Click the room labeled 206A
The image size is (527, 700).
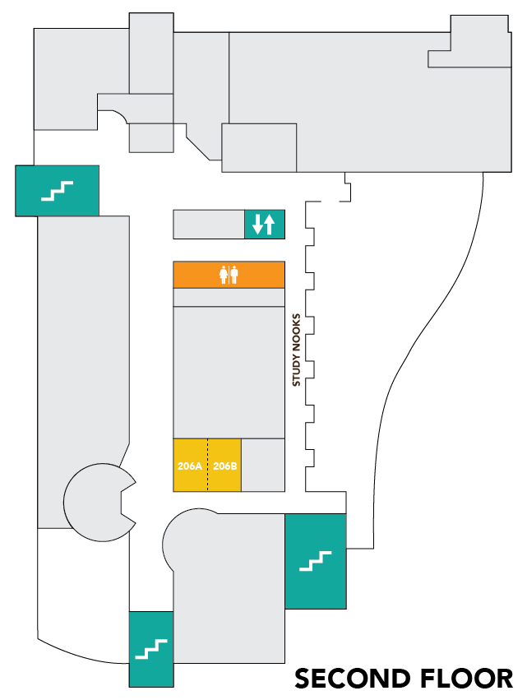(189, 466)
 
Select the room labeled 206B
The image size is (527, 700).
(224, 466)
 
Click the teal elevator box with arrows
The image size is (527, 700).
(264, 224)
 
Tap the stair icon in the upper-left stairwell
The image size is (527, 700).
(58, 191)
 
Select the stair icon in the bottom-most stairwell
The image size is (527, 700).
(151, 649)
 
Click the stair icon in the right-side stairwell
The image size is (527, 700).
(315, 561)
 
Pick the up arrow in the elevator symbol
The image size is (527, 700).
(269, 224)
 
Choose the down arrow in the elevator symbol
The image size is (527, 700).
(257, 224)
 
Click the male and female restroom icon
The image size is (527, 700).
(229, 275)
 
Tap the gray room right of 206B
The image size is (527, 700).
(262, 466)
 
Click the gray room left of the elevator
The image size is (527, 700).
(209, 224)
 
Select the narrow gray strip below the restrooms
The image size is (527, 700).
(229, 297)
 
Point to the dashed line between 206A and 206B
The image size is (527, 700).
(207, 466)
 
